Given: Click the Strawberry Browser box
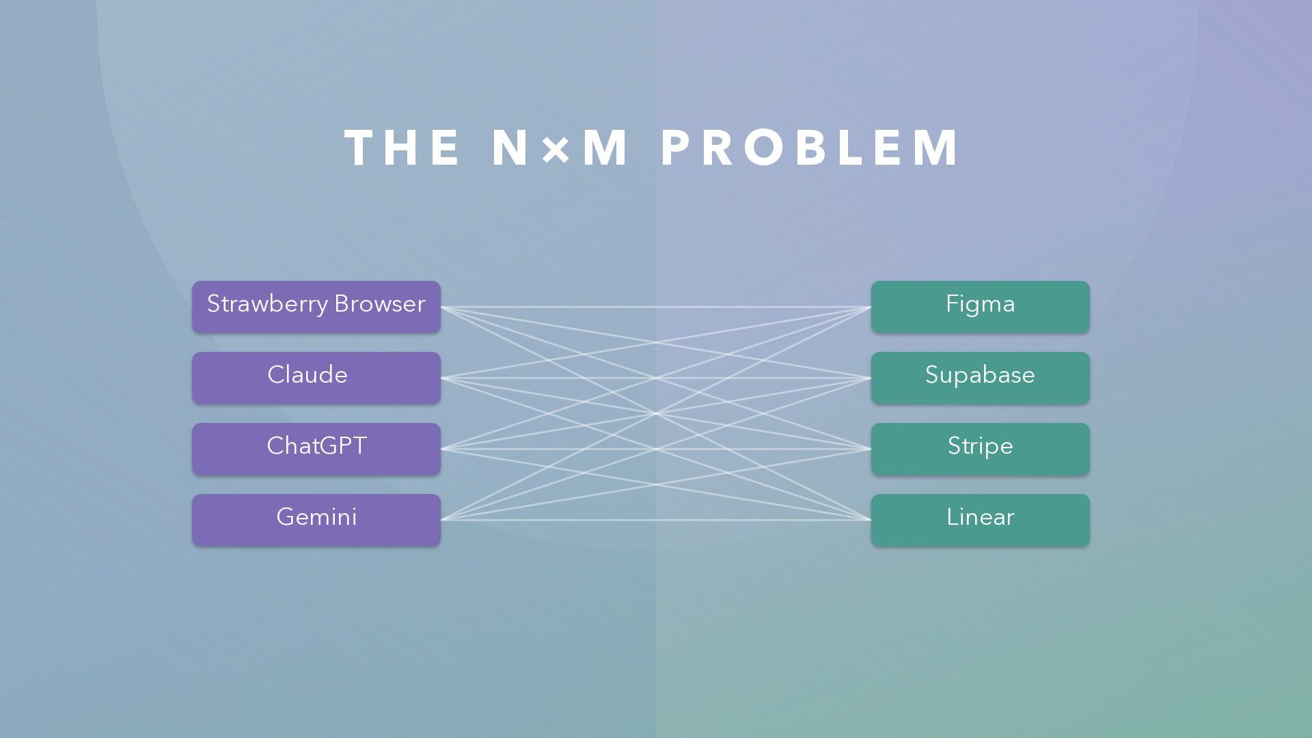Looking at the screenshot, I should pyautogui.click(x=316, y=307).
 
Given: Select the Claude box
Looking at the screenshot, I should pyautogui.click(x=316, y=378).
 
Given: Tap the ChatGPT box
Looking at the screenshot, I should pyautogui.click(x=316, y=449).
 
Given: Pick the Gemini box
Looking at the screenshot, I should pyautogui.click(x=316, y=520).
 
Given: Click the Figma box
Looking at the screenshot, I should pyautogui.click(x=980, y=307).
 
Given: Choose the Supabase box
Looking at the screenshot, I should pyautogui.click(x=980, y=378).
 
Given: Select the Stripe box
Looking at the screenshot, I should pyautogui.click(x=980, y=449).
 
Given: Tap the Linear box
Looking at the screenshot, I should pyautogui.click(x=980, y=520).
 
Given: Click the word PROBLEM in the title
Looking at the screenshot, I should pyautogui.click(x=810, y=148).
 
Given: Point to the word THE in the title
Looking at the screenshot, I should pyautogui.click(x=402, y=148).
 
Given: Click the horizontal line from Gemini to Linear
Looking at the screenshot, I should pyautogui.click(x=656, y=520).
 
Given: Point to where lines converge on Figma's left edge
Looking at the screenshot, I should pyautogui.click(x=870, y=307).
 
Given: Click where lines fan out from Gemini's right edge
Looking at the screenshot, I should pyautogui.click(x=442, y=520).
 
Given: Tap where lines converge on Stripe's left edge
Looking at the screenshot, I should pyautogui.click(x=870, y=449).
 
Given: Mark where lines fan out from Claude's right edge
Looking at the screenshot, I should pyautogui.click(x=442, y=378).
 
